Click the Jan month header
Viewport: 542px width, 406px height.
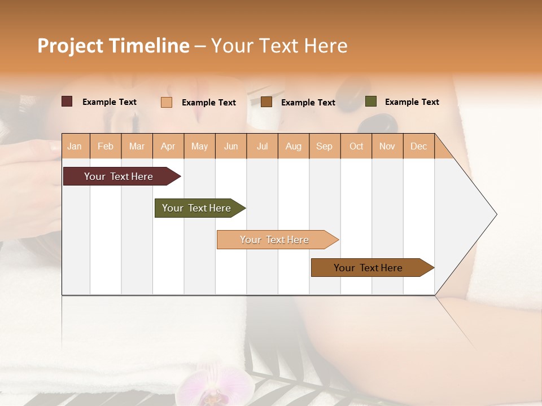[x=75, y=147]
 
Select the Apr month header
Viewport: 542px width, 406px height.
[x=168, y=147]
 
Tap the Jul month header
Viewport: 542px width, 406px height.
[x=262, y=147]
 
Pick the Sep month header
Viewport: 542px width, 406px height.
[x=324, y=147]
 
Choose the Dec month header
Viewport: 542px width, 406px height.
[x=418, y=147]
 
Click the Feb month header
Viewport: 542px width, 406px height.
[x=106, y=147]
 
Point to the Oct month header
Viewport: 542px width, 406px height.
[x=356, y=147]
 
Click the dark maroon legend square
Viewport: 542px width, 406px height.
[x=67, y=101]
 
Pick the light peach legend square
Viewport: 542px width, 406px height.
[x=167, y=102]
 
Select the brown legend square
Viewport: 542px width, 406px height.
[x=266, y=102]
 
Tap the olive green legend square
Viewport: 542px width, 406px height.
[x=370, y=101]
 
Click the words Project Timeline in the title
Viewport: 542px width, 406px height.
[x=113, y=46]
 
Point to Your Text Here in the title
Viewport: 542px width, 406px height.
[x=279, y=46]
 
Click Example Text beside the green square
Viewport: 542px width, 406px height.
[x=412, y=102]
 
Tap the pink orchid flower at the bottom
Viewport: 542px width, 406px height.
[x=215, y=388]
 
